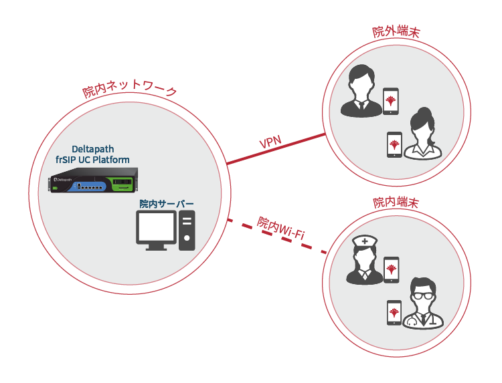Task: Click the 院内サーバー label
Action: point(167,203)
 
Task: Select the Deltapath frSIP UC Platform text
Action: point(93,154)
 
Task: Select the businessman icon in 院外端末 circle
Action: point(359,91)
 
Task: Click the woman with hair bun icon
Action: point(423,133)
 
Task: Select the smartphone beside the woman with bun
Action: point(395,144)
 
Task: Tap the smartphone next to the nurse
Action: point(391,270)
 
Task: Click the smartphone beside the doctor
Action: point(395,313)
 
